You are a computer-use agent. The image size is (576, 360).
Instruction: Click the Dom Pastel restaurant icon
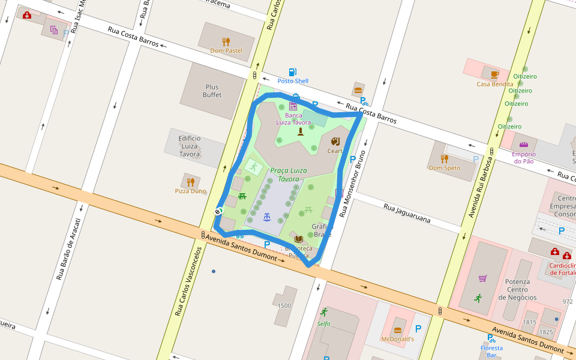pyautogui.click(x=226, y=41)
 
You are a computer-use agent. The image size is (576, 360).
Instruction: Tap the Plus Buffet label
pyautogui.click(x=212, y=91)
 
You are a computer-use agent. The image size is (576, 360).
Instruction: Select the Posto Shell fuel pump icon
pyautogui.click(x=292, y=73)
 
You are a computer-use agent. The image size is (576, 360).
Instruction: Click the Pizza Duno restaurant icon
pyautogui.click(x=190, y=182)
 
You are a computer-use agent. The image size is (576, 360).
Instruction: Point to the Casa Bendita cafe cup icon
pyautogui.click(x=494, y=74)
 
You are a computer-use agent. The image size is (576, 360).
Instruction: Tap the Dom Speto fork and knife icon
pyautogui.click(x=444, y=159)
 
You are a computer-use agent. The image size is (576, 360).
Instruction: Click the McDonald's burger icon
pyautogui.click(x=397, y=331)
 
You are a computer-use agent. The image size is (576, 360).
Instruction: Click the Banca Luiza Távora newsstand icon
pyautogui.click(x=293, y=106)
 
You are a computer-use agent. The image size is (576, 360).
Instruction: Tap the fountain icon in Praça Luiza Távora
pyautogui.click(x=266, y=216)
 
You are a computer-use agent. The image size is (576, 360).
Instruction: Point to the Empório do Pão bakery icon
pyautogui.click(x=523, y=145)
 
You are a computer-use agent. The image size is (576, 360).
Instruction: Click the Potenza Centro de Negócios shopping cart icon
pyautogui.click(x=482, y=278)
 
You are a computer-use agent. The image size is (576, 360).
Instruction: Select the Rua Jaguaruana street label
pyautogui.click(x=407, y=213)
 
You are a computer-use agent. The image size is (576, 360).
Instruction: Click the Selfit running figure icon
pyautogui.click(x=324, y=312)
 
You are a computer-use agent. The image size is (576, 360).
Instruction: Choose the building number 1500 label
pyautogui.click(x=284, y=305)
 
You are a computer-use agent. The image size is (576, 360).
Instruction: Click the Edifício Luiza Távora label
pyautogui.click(x=190, y=146)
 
